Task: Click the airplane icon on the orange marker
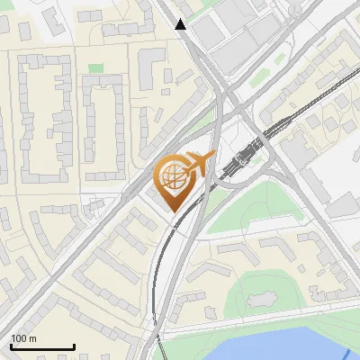199,164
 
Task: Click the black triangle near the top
181,24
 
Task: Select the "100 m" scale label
24,338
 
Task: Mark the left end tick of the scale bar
12,346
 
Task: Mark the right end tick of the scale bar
74,346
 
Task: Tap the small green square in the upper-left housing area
95,68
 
